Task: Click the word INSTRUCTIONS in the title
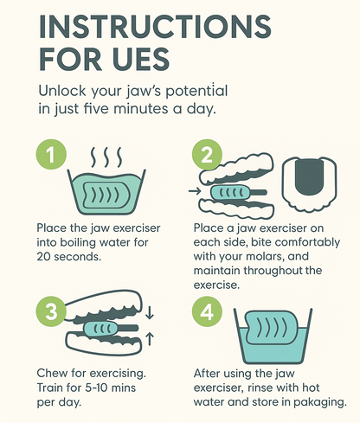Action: coord(155,26)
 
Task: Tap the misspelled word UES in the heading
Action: coord(141,60)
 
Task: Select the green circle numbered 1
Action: coord(51,155)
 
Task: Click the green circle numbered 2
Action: coord(207,155)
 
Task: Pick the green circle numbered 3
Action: coord(51,311)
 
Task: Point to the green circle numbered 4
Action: coord(207,311)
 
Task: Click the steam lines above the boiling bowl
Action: coord(106,157)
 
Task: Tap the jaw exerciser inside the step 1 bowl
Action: coord(106,195)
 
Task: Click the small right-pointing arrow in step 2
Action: coord(194,191)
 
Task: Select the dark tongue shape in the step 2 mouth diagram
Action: coord(310,177)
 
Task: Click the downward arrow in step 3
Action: coord(150,313)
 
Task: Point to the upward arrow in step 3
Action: coord(150,339)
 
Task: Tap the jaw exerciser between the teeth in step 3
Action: coord(111,328)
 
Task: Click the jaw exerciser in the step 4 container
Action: coord(267,328)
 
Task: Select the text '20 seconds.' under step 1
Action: coord(69,256)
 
